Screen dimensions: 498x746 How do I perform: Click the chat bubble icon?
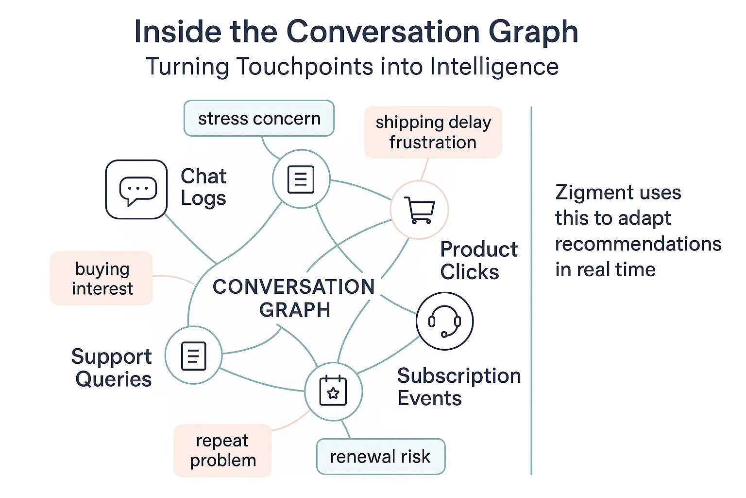pyautogui.click(x=137, y=190)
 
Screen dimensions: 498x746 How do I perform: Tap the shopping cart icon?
pyautogui.click(x=420, y=210)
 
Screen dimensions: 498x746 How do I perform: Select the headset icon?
pyautogui.click(x=444, y=321)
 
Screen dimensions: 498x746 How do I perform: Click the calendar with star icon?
pyautogui.click(x=333, y=391)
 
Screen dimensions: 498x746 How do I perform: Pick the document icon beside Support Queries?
pyautogui.click(x=193, y=356)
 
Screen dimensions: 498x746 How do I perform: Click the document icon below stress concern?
pyautogui.click(x=301, y=179)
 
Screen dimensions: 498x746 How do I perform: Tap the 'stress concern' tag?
pyautogui.click(x=259, y=118)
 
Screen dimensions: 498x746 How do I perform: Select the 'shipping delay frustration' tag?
pyautogui.click(x=433, y=132)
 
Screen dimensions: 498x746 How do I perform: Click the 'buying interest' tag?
pyautogui.click(x=102, y=278)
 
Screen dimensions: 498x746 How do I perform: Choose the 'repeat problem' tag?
pyautogui.click(x=222, y=450)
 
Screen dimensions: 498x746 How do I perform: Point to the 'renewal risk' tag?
pyautogui.click(x=380, y=457)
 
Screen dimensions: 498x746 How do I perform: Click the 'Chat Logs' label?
pyautogui.click(x=203, y=187)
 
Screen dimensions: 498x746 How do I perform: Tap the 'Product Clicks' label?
pyautogui.click(x=478, y=261)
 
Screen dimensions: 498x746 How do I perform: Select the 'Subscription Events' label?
pyautogui.click(x=458, y=387)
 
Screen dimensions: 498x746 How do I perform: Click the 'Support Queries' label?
pyautogui.click(x=112, y=368)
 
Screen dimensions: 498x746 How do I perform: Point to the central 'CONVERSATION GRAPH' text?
pyautogui.click(x=294, y=298)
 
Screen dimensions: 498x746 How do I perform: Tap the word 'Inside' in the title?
pyautogui.click(x=178, y=32)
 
